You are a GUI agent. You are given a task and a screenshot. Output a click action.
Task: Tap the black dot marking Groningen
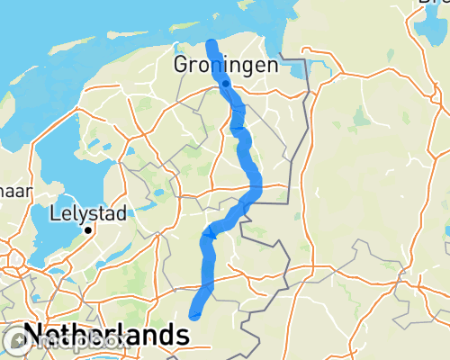(225, 83)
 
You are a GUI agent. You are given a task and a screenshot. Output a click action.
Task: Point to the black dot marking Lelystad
(88, 230)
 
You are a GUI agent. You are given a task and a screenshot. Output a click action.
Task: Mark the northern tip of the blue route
(211, 43)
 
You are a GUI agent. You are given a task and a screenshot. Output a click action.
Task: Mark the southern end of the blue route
(195, 314)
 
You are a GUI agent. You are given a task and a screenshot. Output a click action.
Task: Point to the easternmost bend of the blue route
(256, 187)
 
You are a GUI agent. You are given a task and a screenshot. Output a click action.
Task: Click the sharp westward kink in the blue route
(206, 236)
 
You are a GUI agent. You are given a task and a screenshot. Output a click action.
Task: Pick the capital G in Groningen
(181, 66)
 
